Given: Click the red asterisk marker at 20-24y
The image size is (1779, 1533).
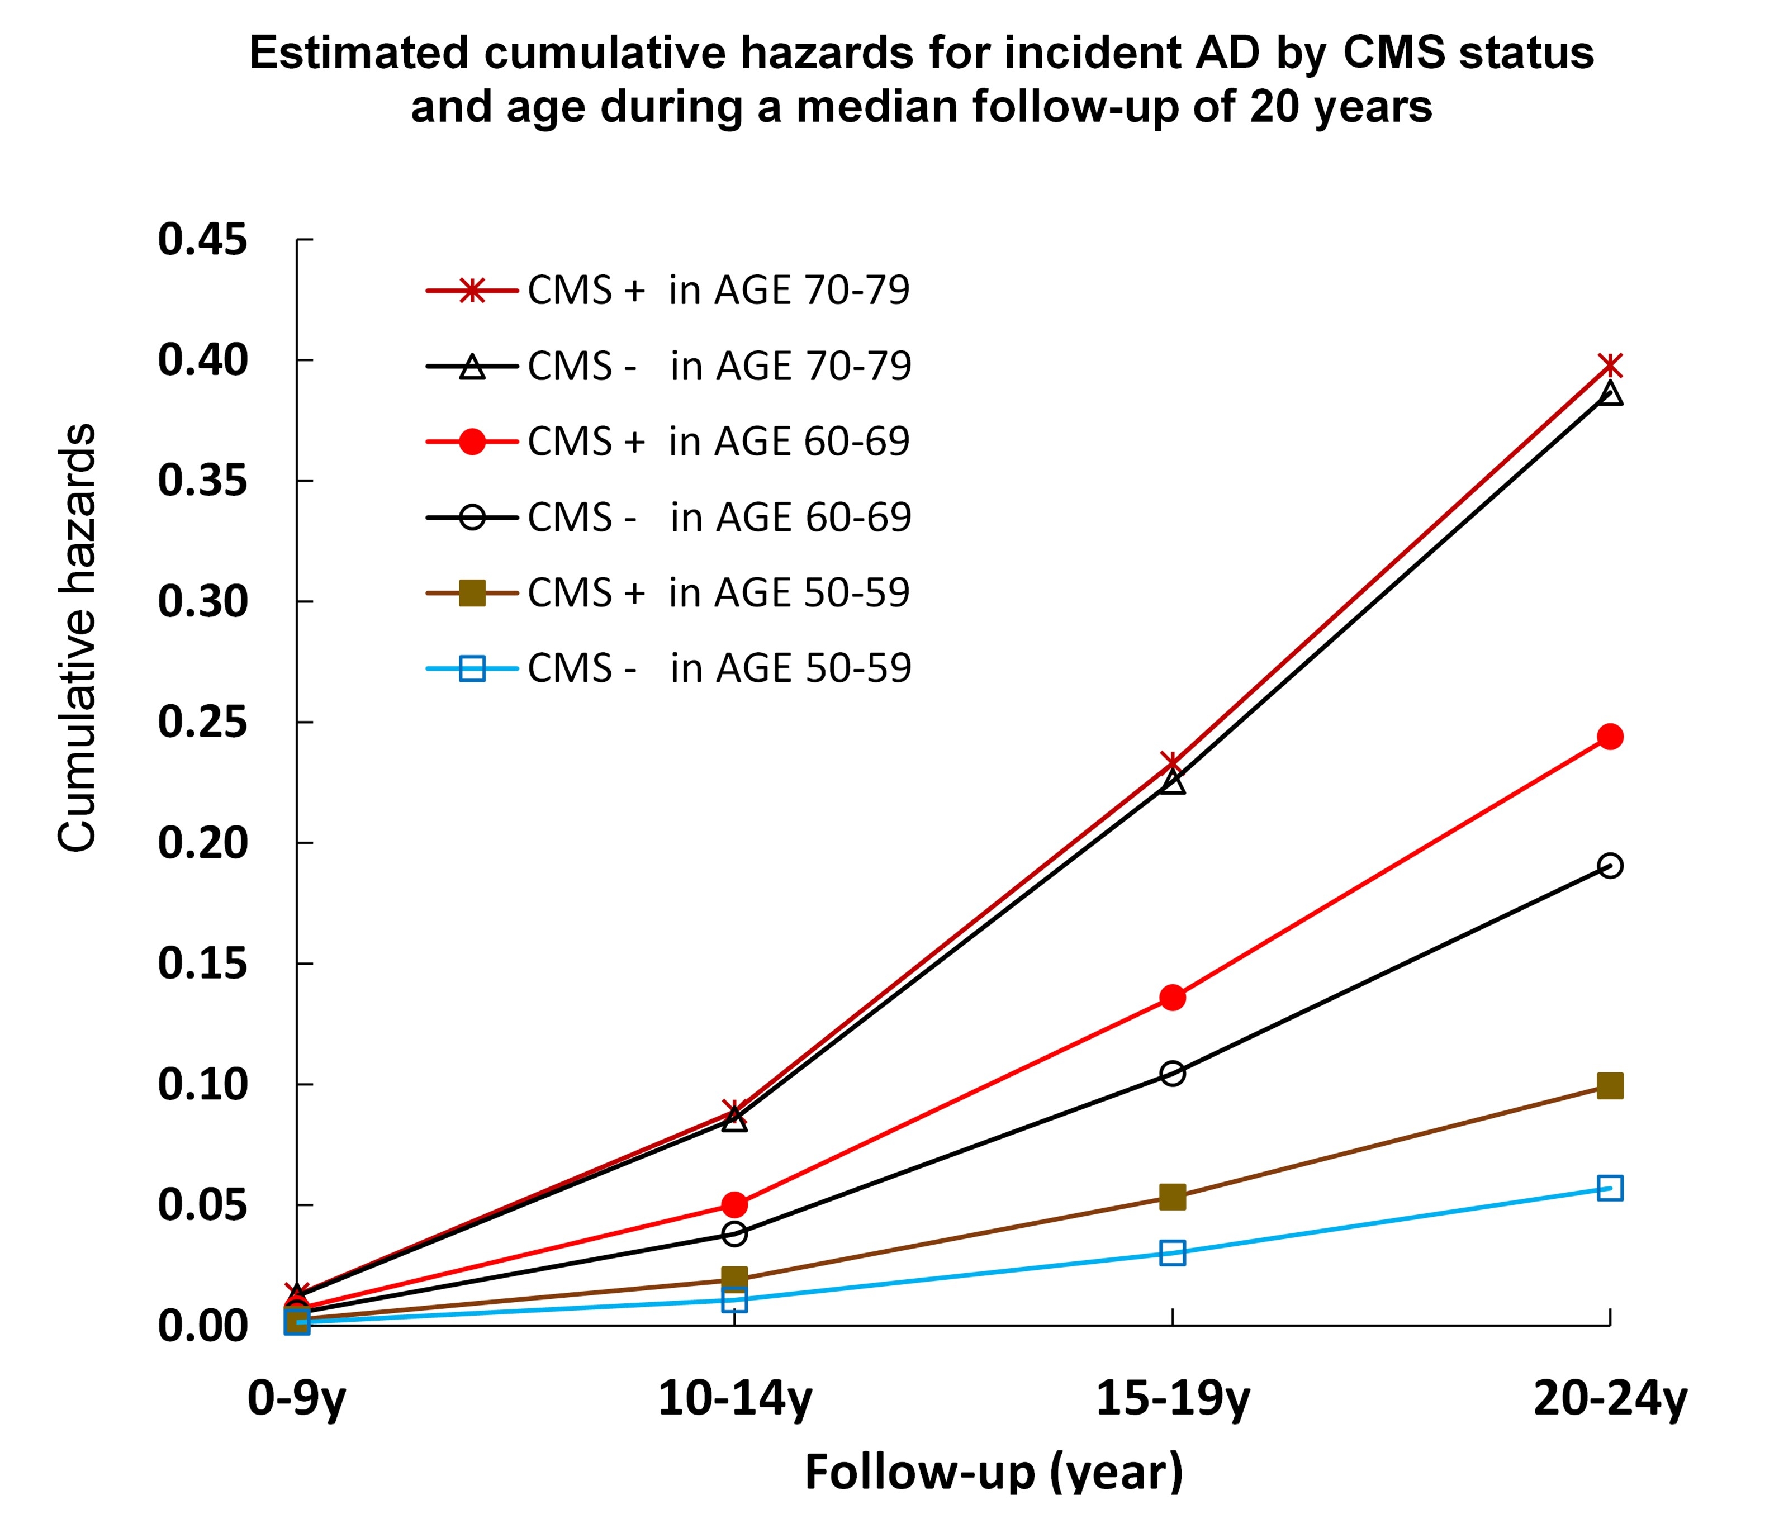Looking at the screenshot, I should click(x=1610, y=366).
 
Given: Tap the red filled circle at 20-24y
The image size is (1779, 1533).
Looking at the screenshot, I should click(x=1610, y=737).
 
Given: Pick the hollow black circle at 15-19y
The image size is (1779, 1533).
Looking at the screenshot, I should click(x=1172, y=1073).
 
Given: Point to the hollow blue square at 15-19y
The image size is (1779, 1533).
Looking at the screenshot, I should click(x=1172, y=1252).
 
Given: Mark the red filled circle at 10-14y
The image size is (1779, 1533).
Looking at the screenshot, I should click(x=734, y=1204).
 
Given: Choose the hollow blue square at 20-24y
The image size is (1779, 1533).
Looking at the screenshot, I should click(x=1610, y=1188).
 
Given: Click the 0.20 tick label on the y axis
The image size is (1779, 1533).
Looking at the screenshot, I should click(x=203, y=843).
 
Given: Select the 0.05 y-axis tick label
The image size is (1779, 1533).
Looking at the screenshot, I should click(x=203, y=1205).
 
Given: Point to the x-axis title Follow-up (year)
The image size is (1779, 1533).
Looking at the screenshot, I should click(x=993, y=1472).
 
